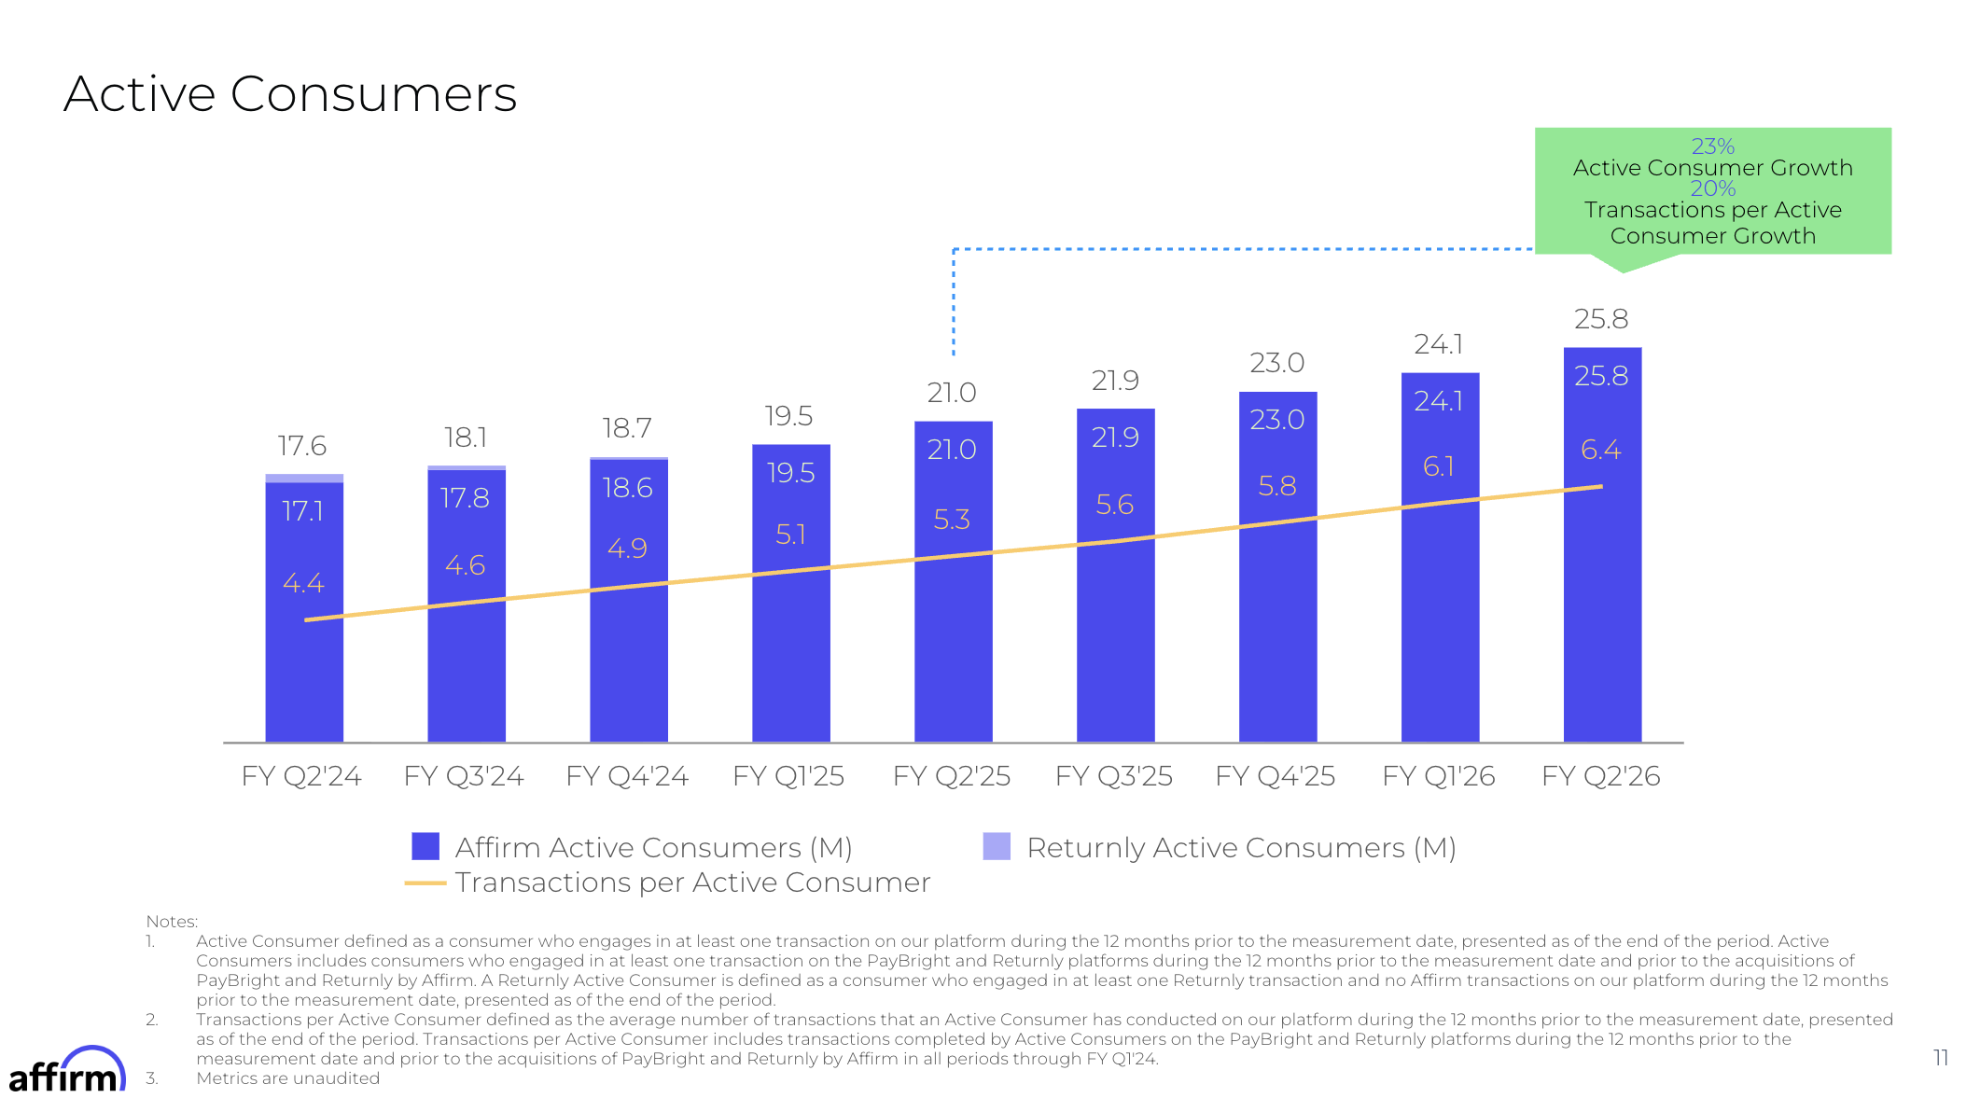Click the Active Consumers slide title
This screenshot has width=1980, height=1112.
[x=290, y=94]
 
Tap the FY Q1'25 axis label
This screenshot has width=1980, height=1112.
[x=788, y=776]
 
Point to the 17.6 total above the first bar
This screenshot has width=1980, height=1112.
[x=302, y=446]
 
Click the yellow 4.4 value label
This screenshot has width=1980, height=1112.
[x=303, y=584]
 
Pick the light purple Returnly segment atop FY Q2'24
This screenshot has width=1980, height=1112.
[x=304, y=479]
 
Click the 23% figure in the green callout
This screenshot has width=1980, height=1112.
[x=1712, y=146]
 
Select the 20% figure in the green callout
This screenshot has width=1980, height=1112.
[x=1712, y=188]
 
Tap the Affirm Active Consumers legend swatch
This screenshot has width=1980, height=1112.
[x=425, y=846]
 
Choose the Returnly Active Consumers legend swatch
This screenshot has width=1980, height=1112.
[x=997, y=846]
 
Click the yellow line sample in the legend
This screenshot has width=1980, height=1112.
[x=425, y=883]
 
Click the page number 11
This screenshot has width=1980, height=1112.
[x=1941, y=1058]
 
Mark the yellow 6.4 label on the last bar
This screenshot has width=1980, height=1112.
[x=1601, y=451]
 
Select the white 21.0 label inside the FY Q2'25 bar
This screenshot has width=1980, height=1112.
[x=952, y=450]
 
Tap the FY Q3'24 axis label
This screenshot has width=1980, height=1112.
[x=464, y=776]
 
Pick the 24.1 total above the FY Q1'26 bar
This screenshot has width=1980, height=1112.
[x=1439, y=345]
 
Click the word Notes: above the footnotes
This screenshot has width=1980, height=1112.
[x=172, y=922]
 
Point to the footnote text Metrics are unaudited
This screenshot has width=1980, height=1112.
[x=287, y=1078]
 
